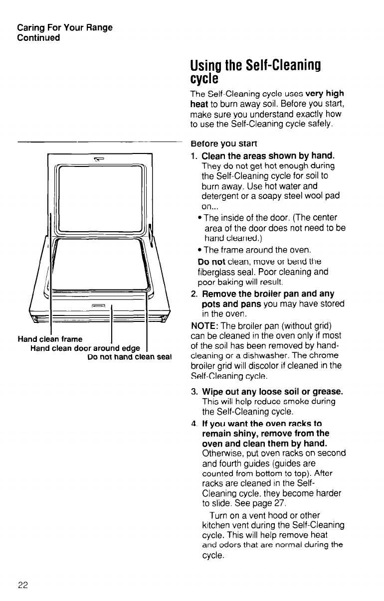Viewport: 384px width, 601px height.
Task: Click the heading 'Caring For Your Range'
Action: pos(65,27)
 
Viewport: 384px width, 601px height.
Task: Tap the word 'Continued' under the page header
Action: pos(38,37)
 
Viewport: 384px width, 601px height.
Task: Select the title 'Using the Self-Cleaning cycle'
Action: pos(254,72)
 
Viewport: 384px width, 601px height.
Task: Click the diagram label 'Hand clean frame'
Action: pos(50,339)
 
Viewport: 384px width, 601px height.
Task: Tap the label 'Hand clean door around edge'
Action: pos(85,348)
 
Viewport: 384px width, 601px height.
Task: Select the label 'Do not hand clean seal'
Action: pos(130,356)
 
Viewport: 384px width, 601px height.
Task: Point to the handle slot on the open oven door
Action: pos(98,306)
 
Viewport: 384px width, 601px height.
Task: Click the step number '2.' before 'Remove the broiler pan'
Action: pos(194,294)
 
